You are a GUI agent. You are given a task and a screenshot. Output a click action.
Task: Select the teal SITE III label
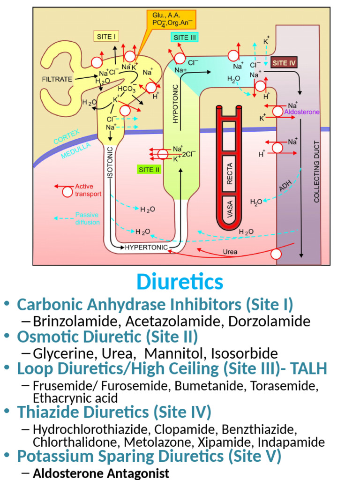pos(185,38)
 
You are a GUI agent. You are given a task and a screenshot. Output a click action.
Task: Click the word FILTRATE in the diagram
pos(57,79)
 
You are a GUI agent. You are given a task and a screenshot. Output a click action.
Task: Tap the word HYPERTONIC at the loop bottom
pos(146,247)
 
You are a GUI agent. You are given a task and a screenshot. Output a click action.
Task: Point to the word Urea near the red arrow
pos(230,252)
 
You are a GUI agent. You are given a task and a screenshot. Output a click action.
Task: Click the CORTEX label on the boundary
pos(67,136)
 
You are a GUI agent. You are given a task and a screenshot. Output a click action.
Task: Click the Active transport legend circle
pos(67,191)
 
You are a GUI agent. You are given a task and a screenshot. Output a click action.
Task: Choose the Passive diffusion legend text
pos(87,218)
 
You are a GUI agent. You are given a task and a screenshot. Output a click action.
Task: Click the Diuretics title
pos(180,282)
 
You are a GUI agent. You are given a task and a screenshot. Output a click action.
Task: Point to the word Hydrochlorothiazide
pos(90,429)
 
